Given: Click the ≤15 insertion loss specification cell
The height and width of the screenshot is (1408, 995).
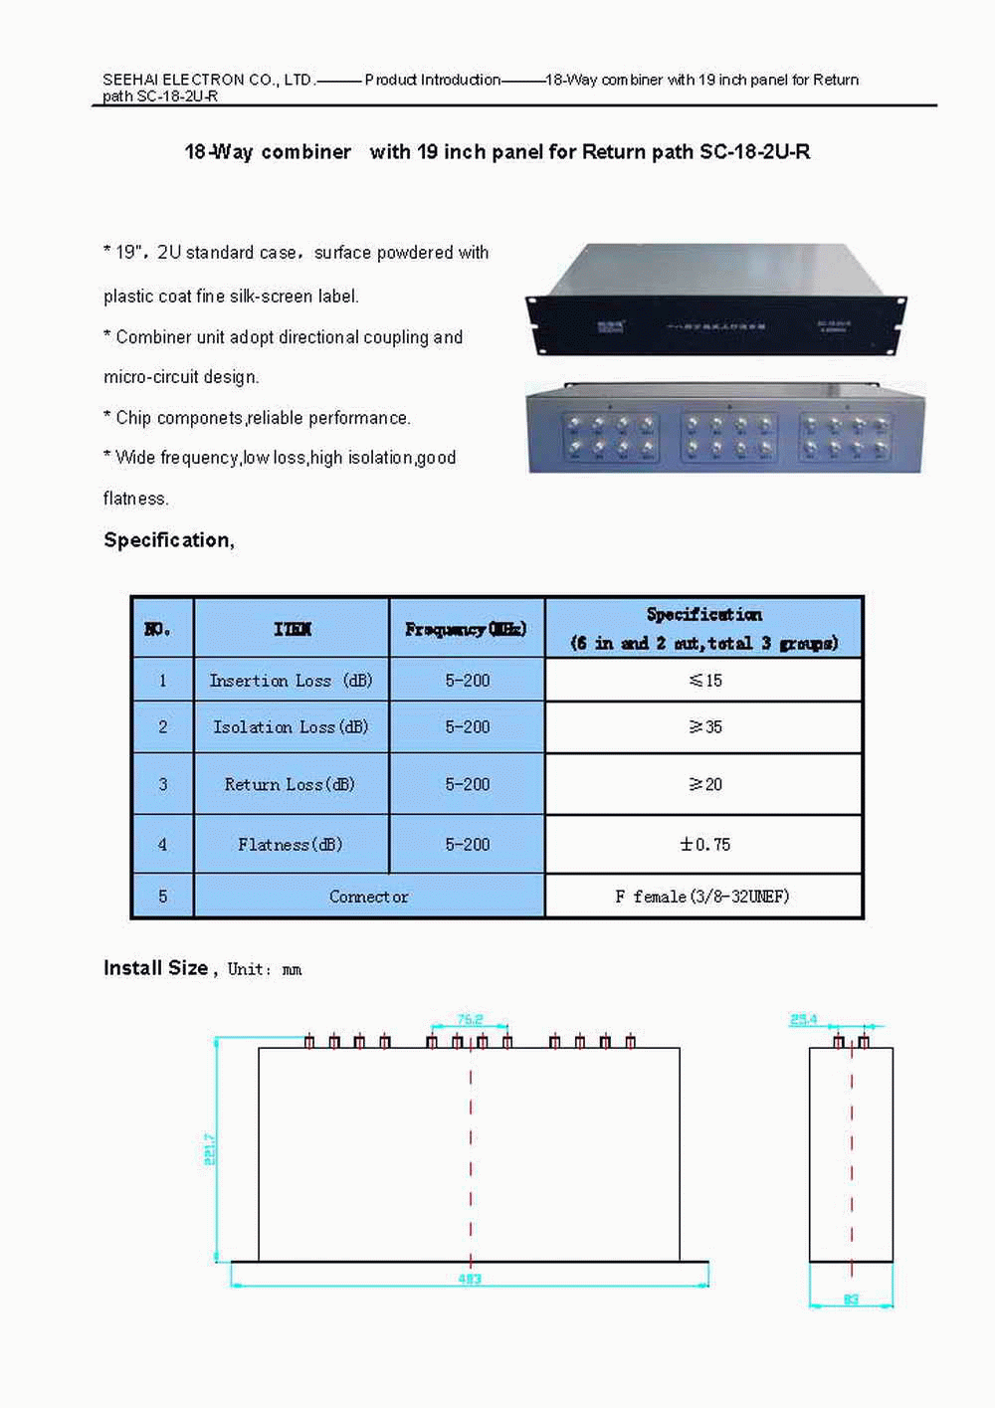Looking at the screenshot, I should (704, 681).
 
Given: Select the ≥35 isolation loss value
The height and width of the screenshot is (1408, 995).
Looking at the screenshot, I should (704, 727).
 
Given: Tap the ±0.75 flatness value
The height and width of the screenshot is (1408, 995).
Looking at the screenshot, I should (704, 845).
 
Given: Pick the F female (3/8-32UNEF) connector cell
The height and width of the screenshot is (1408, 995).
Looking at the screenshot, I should (702, 897).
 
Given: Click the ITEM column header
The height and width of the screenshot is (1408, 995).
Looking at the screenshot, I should (292, 629).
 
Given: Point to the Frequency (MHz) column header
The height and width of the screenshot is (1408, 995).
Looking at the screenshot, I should (466, 629).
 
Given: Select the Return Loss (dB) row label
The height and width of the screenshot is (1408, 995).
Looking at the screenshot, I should (290, 785).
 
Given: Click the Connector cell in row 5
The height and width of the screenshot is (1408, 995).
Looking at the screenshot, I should (368, 897).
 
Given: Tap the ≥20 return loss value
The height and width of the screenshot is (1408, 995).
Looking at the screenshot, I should (704, 785).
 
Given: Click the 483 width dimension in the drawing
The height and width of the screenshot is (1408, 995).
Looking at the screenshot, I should (470, 1279).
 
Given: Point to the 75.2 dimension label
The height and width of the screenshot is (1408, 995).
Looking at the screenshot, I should (470, 1020).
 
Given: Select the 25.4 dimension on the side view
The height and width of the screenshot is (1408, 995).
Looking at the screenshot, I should (803, 1020).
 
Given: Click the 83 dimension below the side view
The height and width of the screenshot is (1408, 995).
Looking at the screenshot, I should (851, 1300).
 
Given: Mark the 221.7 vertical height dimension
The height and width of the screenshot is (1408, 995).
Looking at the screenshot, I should (210, 1149).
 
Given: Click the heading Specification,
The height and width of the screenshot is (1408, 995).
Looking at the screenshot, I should (169, 540).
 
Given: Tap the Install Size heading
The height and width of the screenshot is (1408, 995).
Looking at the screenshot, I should (156, 968).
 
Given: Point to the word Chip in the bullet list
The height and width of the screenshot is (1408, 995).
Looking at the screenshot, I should (133, 418).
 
